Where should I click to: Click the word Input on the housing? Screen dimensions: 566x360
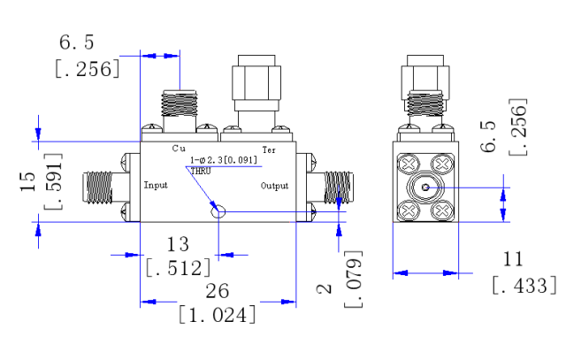[156, 185]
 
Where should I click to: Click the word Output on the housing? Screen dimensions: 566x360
[274, 186]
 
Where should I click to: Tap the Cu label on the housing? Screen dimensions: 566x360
[179, 148]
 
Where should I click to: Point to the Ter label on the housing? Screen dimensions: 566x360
[269, 149]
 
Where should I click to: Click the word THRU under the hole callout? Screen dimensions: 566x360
[201, 171]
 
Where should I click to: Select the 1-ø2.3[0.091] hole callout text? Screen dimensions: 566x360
[224, 160]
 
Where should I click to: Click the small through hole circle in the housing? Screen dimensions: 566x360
[218, 211]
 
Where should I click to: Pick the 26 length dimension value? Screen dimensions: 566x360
[218, 291]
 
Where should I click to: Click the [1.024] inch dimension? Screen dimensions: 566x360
[218, 315]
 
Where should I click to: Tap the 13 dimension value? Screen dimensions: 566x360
[178, 244]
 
